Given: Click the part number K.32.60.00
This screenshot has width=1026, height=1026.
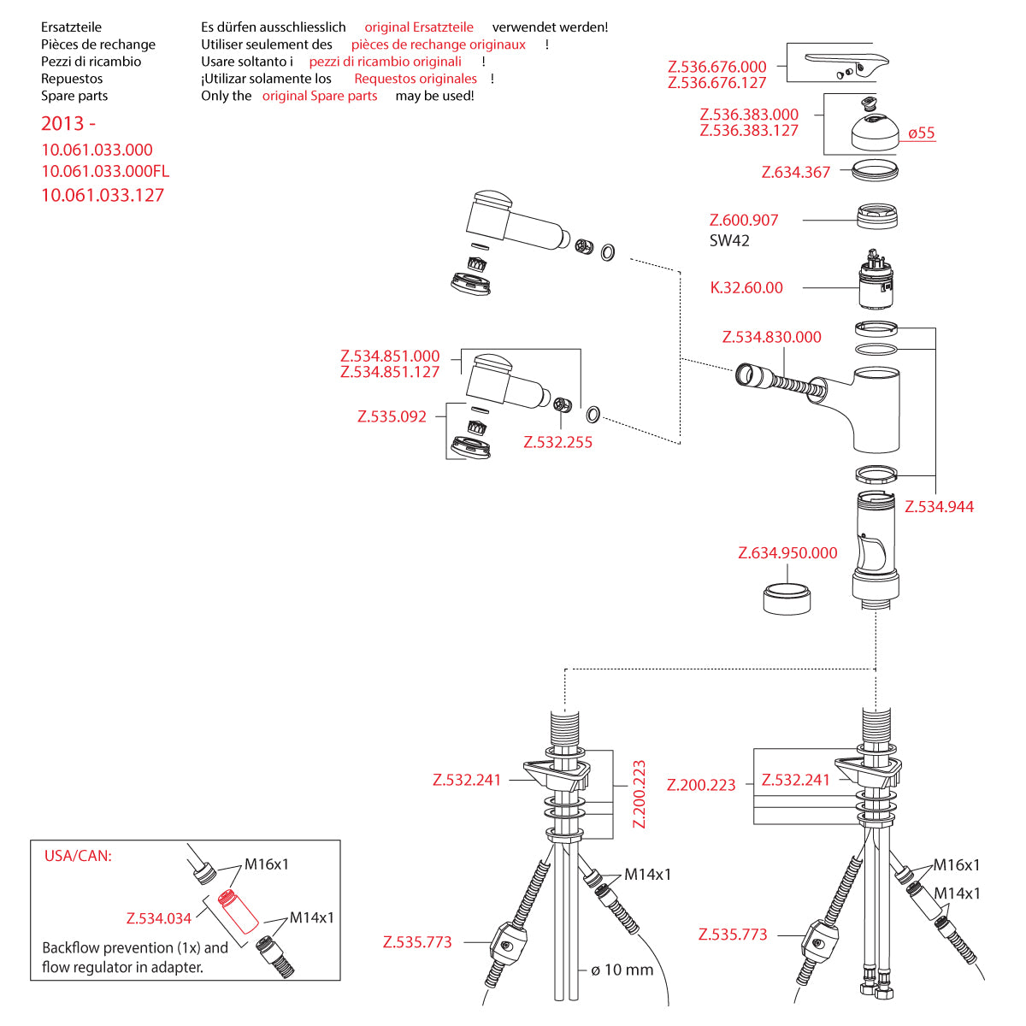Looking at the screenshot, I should [x=746, y=288].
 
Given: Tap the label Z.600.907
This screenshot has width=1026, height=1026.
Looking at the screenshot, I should [x=744, y=221].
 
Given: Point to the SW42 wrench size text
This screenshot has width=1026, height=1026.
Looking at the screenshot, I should [x=729, y=241].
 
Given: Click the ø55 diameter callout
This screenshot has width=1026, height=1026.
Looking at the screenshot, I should [x=922, y=133].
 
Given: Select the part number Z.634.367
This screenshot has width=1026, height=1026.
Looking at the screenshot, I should [x=796, y=173].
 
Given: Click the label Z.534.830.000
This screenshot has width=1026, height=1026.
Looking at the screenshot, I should [x=771, y=337].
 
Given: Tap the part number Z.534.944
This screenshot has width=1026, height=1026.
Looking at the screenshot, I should [x=939, y=507].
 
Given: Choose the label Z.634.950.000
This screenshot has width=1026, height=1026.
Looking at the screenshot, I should [x=787, y=553].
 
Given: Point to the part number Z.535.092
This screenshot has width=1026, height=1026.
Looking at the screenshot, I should [x=392, y=417].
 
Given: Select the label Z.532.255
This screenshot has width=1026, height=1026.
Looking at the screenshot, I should [x=557, y=442].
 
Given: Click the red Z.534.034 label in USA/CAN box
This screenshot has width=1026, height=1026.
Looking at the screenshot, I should [x=159, y=918].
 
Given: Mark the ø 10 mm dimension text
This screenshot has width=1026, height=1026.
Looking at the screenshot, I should [x=622, y=970].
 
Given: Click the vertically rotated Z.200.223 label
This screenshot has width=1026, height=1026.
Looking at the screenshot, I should [x=639, y=794].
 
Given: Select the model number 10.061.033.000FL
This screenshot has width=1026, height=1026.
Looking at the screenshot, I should [x=105, y=172].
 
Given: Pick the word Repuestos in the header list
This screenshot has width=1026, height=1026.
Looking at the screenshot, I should [x=72, y=79].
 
